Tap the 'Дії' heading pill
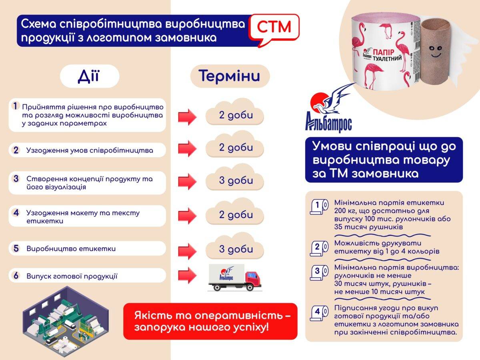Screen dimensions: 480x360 tap(90, 76)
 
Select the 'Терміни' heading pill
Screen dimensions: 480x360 tap(230, 76)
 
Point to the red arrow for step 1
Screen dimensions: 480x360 tap(188, 117)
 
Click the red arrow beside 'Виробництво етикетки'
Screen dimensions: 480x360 tap(188, 250)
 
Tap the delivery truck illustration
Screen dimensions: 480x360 tap(235, 278)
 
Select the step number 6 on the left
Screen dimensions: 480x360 tap(16, 276)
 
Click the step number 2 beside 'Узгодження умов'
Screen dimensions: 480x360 tap(16, 150)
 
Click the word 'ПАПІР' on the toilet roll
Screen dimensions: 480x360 tap(383, 52)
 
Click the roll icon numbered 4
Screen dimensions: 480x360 tap(319, 313)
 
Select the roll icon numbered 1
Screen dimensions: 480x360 tap(319, 206)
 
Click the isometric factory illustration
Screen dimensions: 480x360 tap(66, 322)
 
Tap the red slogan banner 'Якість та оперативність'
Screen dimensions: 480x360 tap(210, 321)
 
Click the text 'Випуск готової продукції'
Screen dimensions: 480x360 tap(72, 276)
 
